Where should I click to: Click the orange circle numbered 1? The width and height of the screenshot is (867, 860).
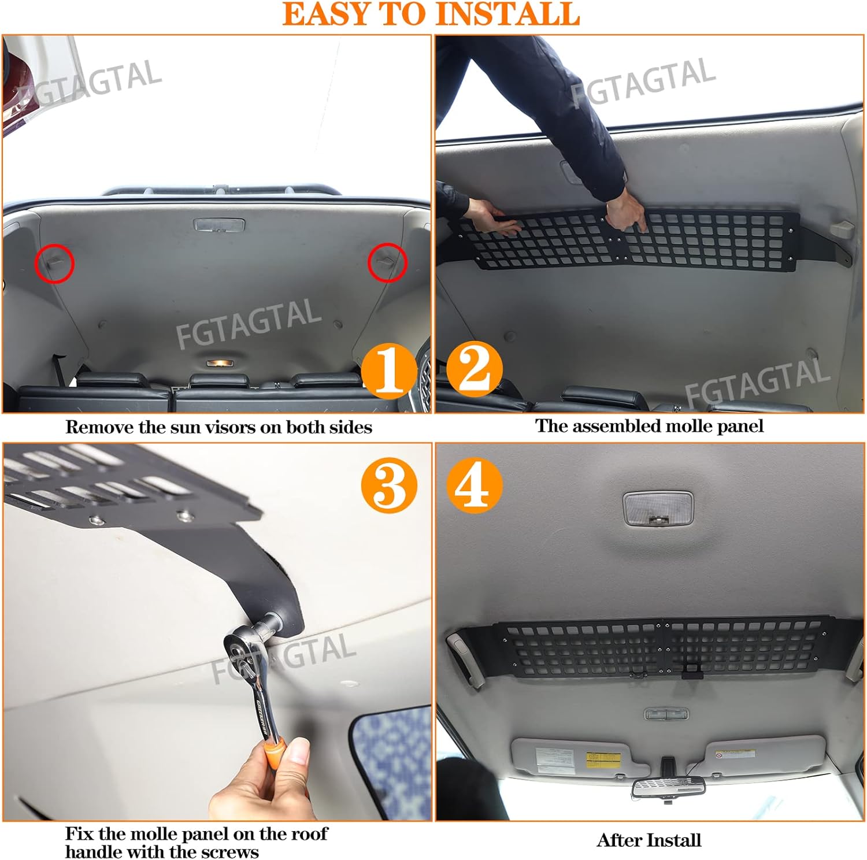[388, 370]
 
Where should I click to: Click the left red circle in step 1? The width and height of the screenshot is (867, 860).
[55, 263]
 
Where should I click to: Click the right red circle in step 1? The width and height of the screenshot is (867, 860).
[387, 262]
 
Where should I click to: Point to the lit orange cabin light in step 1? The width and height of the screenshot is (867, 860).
[220, 364]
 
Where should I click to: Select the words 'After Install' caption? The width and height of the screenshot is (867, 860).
[649, 840]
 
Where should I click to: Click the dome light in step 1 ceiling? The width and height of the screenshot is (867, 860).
[219, 224]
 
